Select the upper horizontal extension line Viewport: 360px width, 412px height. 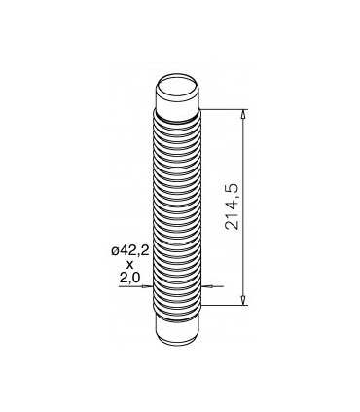[223, 109]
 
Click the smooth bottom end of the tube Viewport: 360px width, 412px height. [179, 331]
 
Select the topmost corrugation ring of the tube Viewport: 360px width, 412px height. [179, 117]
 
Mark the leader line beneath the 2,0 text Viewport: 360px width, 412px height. [128, 287]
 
